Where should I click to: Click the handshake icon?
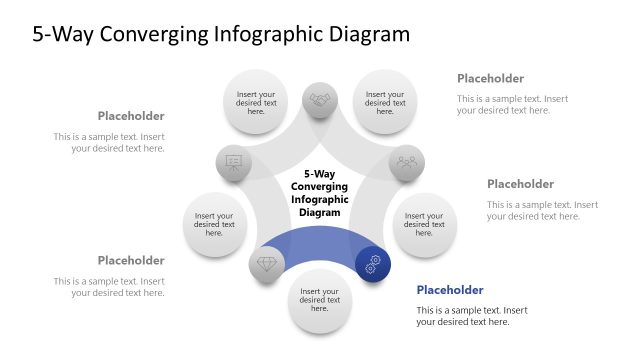point(320,100)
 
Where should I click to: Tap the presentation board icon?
point(234,162)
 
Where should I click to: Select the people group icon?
point(406,162)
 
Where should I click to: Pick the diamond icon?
point(267,264)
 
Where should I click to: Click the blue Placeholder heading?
point(449,290)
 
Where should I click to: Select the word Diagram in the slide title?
point(365,34)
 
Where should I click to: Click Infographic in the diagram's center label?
point(320,199)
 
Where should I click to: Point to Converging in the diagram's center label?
point(320,186)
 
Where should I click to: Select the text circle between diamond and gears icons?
point(320,300)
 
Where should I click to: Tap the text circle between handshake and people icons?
point(385,101)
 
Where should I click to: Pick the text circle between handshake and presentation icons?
point(256,101)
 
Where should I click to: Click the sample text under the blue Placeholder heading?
point(471,316)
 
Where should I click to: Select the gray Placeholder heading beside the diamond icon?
point(131,260)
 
